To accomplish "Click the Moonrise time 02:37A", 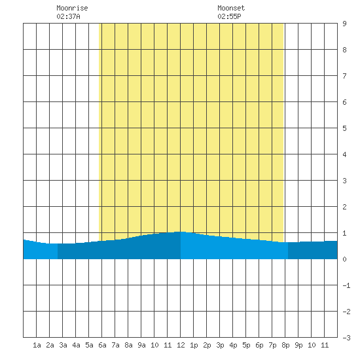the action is pyautogui.click(x=68, y=16).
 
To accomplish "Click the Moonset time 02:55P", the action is pyautogui.click(x=229, y=16).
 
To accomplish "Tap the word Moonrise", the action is pyautogui.click(x=72, y=8).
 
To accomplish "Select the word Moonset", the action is pyautogui.click(x=231, y=8).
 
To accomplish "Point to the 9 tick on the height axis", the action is pyautogui.click(x=344, y=24).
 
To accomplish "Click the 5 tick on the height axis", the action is pyautogui.click(x=344, y=128).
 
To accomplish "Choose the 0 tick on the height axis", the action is pyautogui.click(x=344, y=259).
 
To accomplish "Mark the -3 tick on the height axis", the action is pyautogui.click(x=346, y=338).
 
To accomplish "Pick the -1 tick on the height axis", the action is pyautogui.click(x=346, y=285).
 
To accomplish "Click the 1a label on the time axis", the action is pyautogui.click(x=37, y=345).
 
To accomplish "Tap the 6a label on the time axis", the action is pyautogui.click(x=102, y=345).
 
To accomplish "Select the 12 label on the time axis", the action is pyautogui.click(x=181, y=345).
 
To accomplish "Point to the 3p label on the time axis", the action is pyautogui.click(x=220, y=345).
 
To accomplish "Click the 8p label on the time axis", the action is pyautogui.click(x=285, y=345).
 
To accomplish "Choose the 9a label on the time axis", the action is pyautogui.click(x=141, y=345).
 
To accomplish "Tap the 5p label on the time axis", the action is pyautogui.click(x=246, y=345).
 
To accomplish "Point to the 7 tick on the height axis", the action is pyautogui.click(x=344, y=76).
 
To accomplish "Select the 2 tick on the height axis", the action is pyautogui.click(x=344, y=207).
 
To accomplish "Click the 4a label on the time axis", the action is pyautogui.click(x=76, y=345).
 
